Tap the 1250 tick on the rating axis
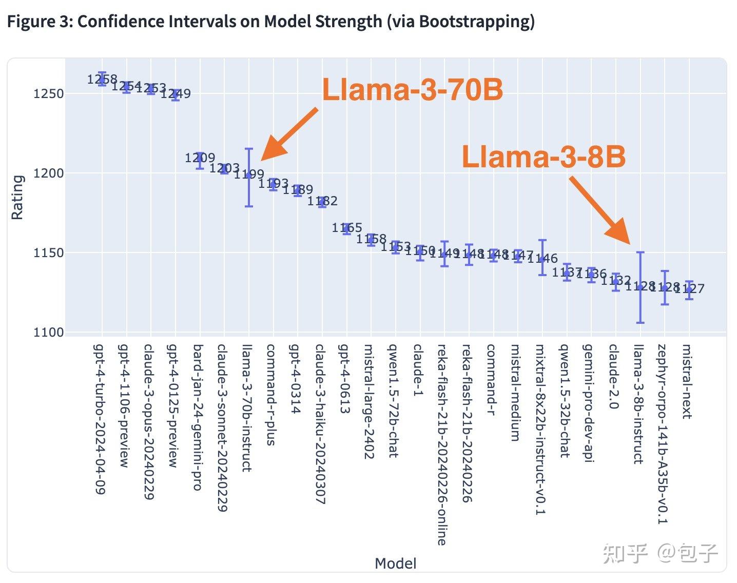click(x=48, y=94)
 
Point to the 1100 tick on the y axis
click(x=48, y=333)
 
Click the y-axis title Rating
click(x=17, y=198)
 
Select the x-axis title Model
click(x=395, y=563)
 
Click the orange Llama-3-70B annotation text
click(x=412, y=90)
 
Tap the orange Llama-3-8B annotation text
click(x=544, y=157)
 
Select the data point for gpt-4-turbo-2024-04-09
click(x=102, y=79)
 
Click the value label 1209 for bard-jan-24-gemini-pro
click(x=200, y=158)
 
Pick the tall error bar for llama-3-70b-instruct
click(x=249, y=178)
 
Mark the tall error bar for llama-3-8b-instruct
click(x=640, y=287)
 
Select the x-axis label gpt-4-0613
click(x=344, y=379)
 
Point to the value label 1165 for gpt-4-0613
click(x=347, y=228)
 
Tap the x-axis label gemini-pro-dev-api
click(x=589, y=403)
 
